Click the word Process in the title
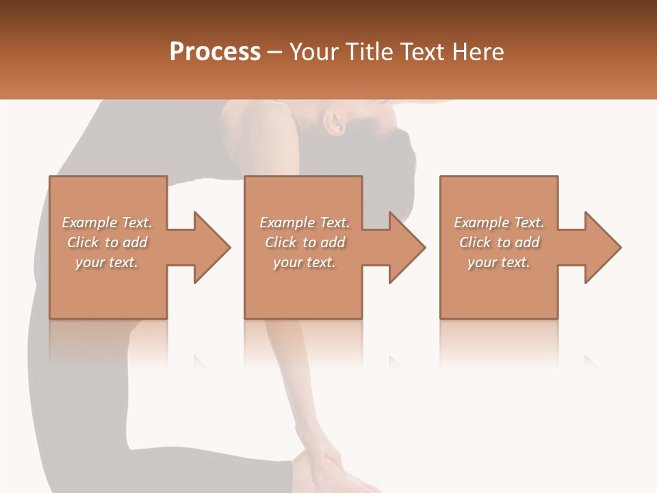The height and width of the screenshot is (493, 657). [215, 51]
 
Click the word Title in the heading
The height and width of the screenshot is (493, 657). [368, 51]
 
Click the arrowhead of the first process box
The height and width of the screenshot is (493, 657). [211, 247]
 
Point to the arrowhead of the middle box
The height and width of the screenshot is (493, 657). [407, 247]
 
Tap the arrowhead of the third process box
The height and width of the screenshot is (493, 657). [602, 247]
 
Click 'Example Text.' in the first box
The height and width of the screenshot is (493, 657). [107, 223]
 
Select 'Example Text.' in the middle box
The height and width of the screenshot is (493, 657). [304, 223]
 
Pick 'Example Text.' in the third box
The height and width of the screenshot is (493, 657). [499, 223]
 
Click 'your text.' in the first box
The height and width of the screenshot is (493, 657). [107, 262]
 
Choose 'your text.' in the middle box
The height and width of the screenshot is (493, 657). [304, 262]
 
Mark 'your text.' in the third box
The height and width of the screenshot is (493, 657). [499, 262]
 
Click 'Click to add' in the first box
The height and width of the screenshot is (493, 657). [107, 242]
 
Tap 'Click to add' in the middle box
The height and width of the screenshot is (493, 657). [304, 242]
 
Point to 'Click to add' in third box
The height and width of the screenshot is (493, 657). [499, 242]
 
